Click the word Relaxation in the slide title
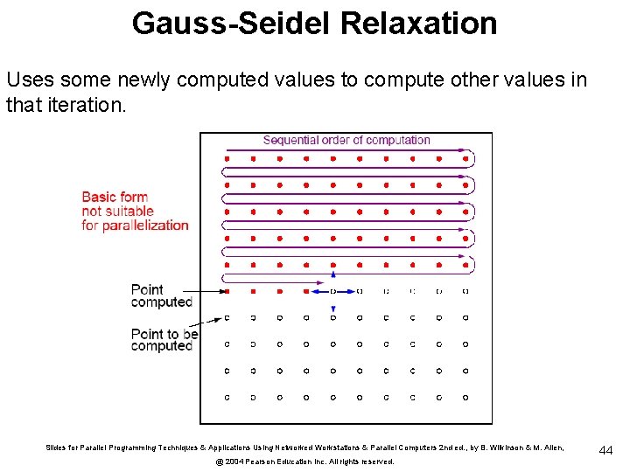[x=419, y=23]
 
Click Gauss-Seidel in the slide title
[x=231, y=23]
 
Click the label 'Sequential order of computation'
[x=346, y=140]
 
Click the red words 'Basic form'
[x=115, y=197]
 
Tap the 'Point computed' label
[x=161, y=295]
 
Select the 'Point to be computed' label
[x=164, y=339]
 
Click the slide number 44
[x=606, y=450]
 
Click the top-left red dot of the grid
[x=227, y=159]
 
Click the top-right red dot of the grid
[x=465, y=159]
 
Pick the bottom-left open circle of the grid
[x=227, y=397]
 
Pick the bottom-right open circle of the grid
[x=465, y=397]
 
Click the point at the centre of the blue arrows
[x=332, y=291]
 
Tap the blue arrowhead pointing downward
[x=332, y=309]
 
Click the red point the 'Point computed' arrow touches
[x=227, y=291]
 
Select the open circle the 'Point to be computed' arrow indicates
[x=227, y=317]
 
